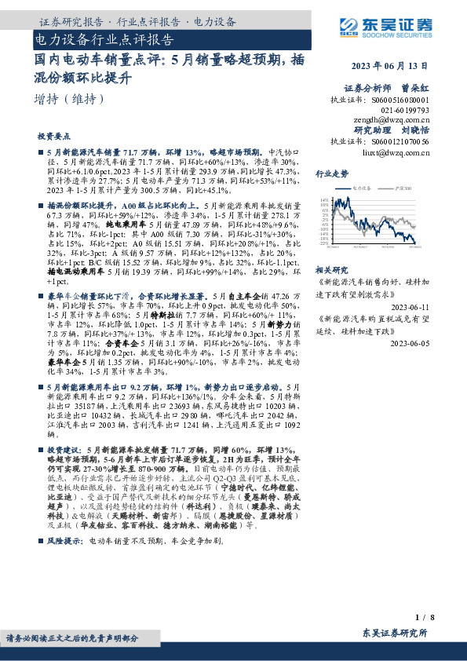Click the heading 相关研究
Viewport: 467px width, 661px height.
(x=332, y=269)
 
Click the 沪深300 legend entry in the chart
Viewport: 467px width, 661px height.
(x=401, y=188)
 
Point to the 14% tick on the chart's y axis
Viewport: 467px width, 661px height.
(x=325, y=200)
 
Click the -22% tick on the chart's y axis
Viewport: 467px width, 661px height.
(x=325, y=243)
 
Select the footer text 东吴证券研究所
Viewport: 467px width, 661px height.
(x=395, y=632)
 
